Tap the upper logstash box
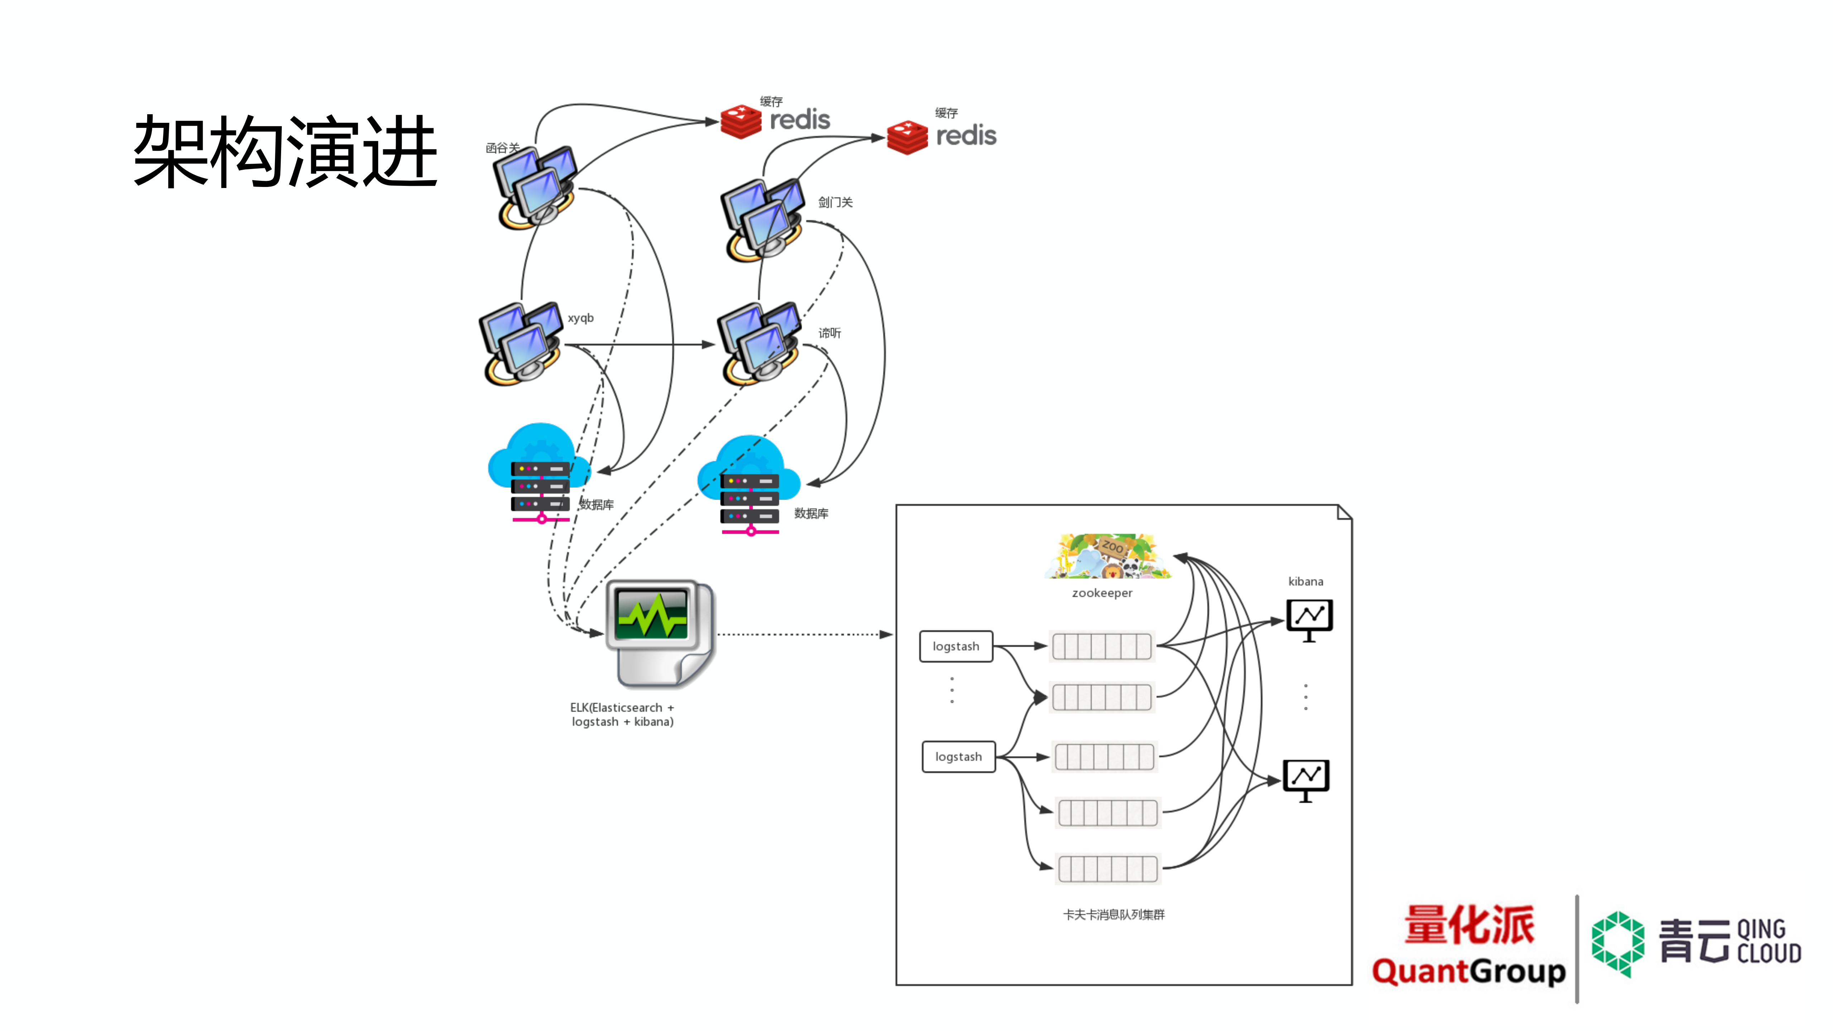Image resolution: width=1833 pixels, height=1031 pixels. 956,646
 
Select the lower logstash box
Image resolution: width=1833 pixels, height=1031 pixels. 959,756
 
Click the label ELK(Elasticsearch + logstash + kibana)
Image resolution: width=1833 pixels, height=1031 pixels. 622,714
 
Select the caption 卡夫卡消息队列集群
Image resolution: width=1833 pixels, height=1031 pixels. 1114,914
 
